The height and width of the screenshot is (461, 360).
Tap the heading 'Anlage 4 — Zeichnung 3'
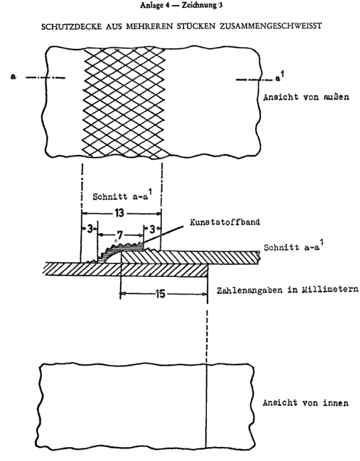pyautogui.click(x=181, y=5)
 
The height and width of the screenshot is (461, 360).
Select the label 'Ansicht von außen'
pyautogui.click(x=306, y=97)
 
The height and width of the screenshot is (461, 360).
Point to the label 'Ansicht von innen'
pyautogui.click(x=305, y=403)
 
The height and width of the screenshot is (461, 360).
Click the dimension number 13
pyautogui.click(x=119, y=213)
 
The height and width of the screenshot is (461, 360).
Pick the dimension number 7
pyautogui.click(x=119, y=235)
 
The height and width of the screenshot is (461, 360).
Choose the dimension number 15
pyautogui.click(x=161, y=294)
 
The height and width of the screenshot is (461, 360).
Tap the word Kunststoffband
pyautogui.click(x=225, y=222)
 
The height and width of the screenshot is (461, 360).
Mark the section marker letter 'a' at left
pyautogui.click(x=13, y=77)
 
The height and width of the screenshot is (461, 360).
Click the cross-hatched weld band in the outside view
pyautogui.click(x=124, y=103)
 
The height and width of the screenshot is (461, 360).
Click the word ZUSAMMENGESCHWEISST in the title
pyautogui.click(x=270, y=27)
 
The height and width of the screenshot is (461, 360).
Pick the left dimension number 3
pyautogui.click(x=90, y=229)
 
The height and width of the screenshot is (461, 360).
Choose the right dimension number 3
pyautogui.click(x=152, y=229)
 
